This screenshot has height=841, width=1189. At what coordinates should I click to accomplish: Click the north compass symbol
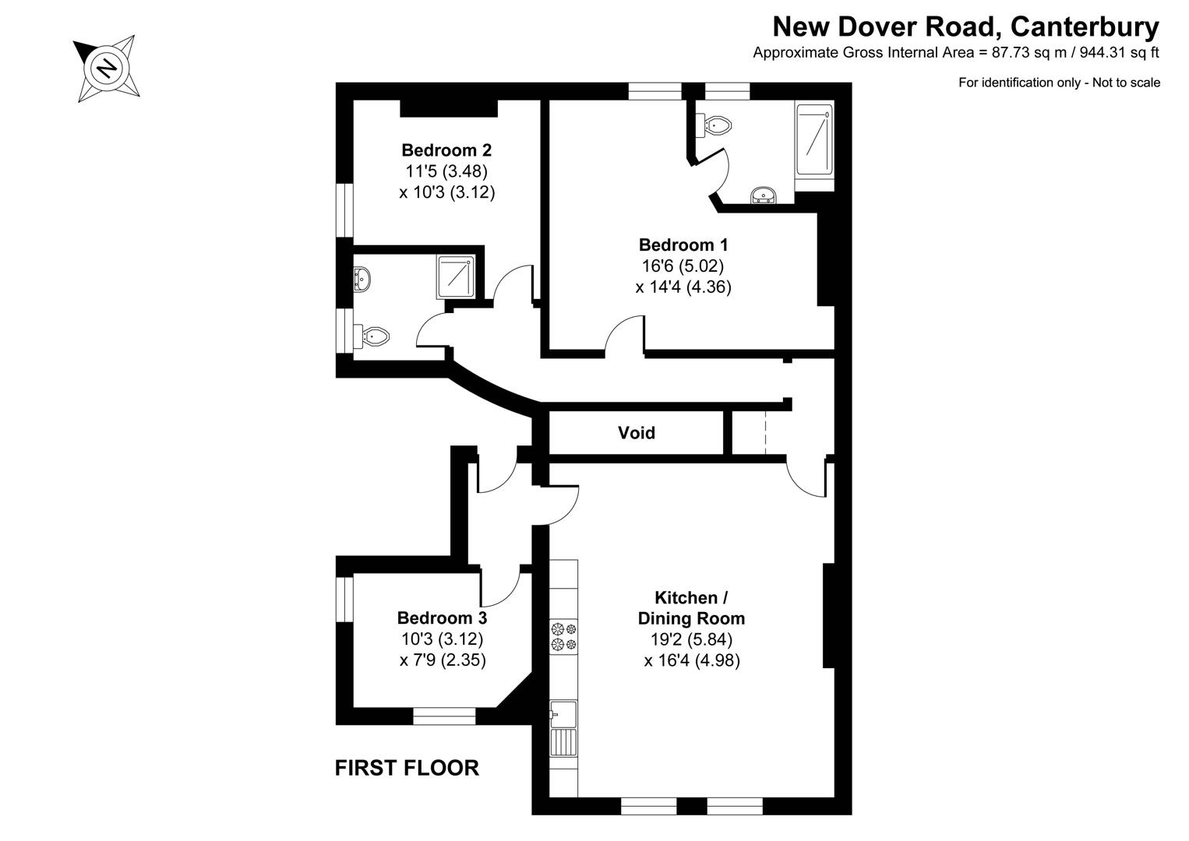(107, 69)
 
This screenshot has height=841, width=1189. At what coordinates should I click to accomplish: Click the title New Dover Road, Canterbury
(965, 27)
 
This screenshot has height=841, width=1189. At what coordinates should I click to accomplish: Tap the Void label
(636, 433)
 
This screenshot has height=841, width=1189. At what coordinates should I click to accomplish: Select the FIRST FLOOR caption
(407, 768)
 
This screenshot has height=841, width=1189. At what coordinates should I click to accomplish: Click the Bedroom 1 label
(683, 245)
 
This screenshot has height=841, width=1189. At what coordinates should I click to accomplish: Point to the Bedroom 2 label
(446, 150)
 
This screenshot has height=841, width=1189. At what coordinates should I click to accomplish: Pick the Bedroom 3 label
(442, 618)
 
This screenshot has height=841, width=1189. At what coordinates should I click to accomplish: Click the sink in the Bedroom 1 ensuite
(762, 195)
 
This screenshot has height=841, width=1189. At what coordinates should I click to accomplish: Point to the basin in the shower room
(362, 278)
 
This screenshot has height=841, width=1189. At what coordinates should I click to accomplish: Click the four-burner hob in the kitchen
(563, 636)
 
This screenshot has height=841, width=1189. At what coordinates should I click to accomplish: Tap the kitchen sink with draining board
(563, 728)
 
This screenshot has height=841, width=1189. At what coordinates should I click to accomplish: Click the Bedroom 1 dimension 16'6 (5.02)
(683, 266)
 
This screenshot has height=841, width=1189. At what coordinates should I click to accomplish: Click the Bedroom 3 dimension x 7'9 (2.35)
(442, 660)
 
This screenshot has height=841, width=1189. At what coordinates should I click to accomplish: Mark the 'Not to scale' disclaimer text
(1059, 83)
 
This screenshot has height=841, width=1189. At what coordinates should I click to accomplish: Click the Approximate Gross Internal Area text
(955, 53)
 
